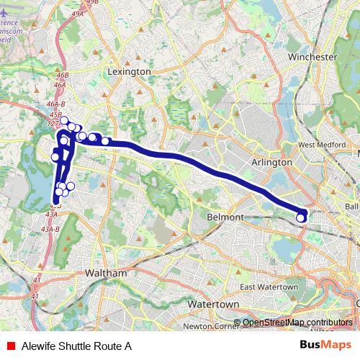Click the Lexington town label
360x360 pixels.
point(129,72)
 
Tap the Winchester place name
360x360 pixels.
point(312,56)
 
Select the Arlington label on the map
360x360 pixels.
point(272,163)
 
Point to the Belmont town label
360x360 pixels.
point(225,217)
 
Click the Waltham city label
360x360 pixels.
point(106,274)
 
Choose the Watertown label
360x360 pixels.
point(212,305)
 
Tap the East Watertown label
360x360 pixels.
point(269,287)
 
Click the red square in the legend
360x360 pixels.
point(10,346)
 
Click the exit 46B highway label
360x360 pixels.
point(62,75)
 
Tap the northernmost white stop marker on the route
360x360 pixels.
point(63,120)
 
